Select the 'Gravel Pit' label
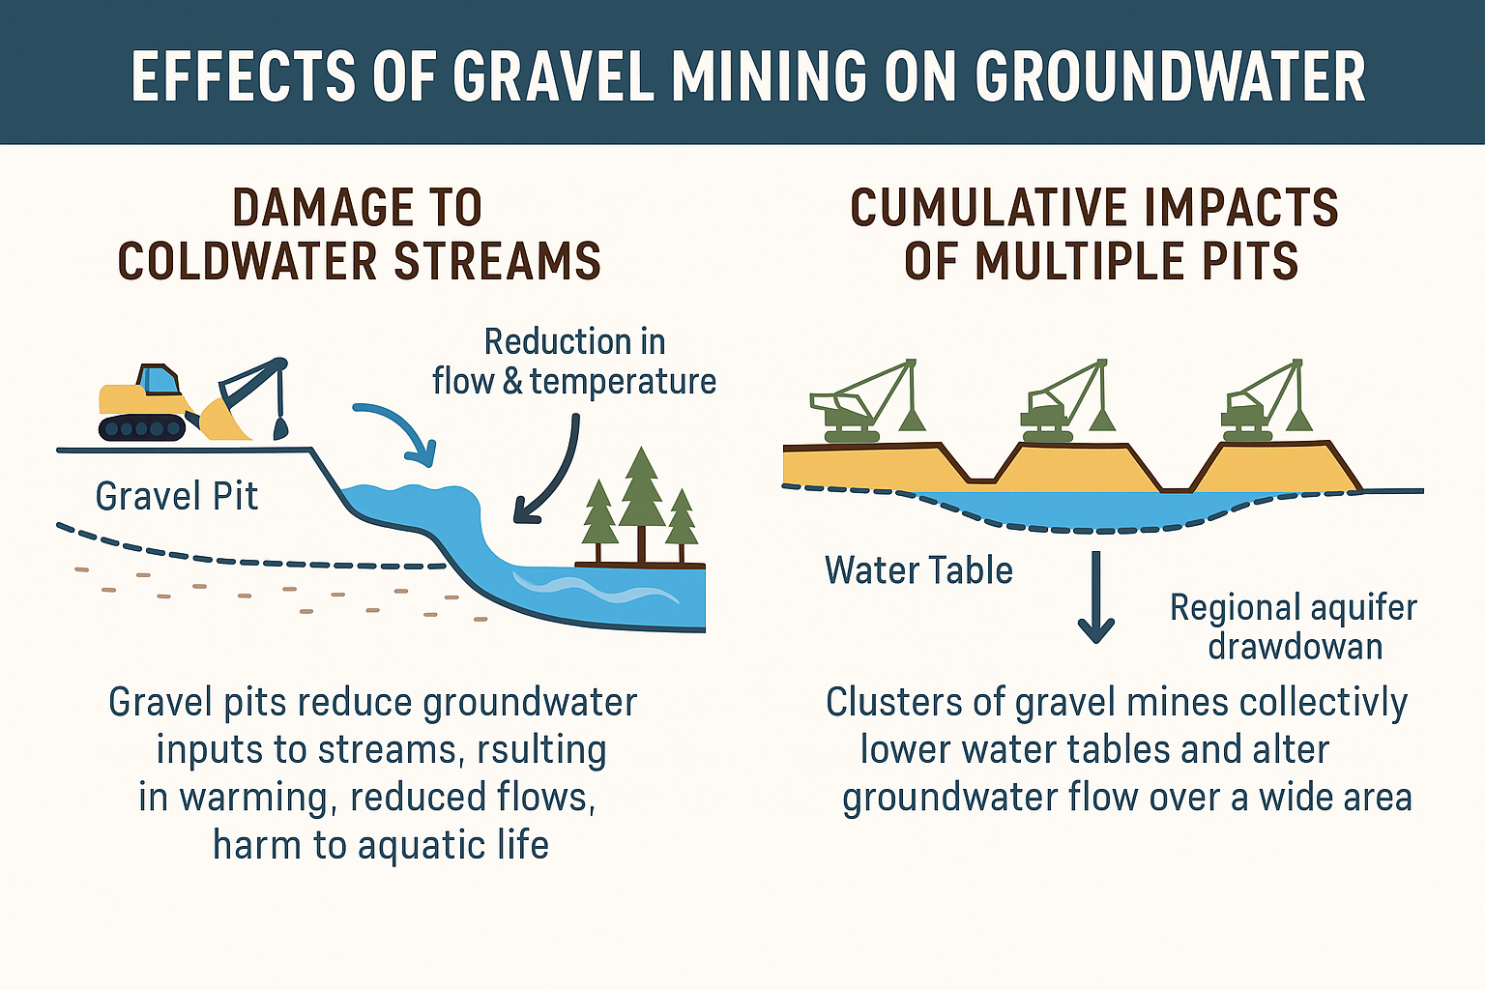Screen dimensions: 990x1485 click(177, 497)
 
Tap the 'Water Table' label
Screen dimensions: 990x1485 click(918, 570)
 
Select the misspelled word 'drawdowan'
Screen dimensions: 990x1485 click(1296, 646)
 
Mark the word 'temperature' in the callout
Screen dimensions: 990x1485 click(623, 382)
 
